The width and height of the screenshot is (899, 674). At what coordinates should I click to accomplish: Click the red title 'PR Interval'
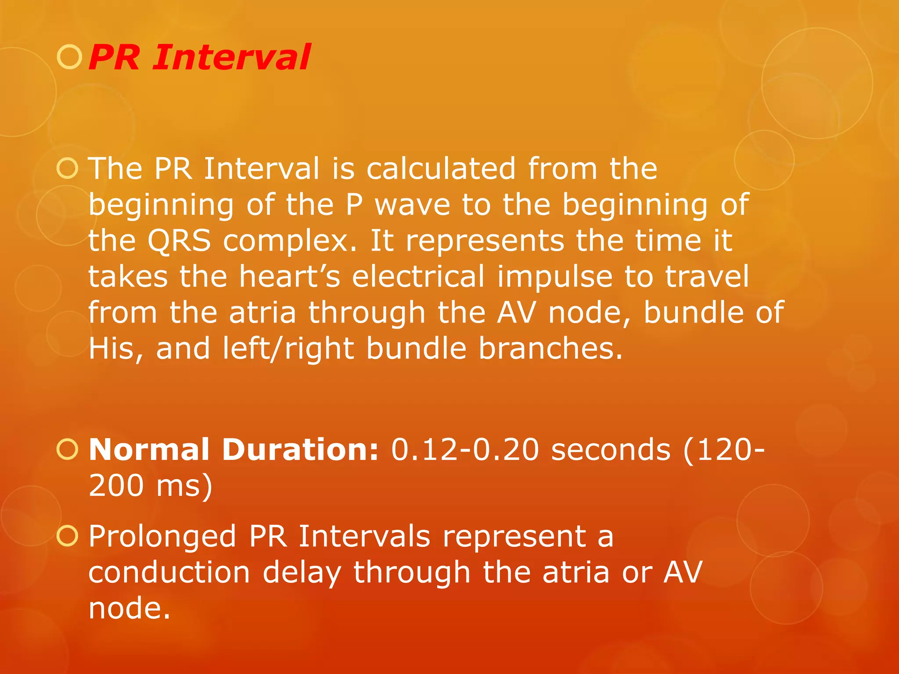pos(199,57)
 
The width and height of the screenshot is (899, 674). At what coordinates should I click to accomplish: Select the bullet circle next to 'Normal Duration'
pos(68,450)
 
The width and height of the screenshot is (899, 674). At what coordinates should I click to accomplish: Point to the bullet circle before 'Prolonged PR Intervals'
pos(68,536)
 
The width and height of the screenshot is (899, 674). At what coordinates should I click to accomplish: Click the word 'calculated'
pos(441,169)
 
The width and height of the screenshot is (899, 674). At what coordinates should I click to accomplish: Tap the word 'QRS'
pos(179,241)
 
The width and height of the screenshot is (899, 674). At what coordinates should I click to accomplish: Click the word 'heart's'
pos(290,277)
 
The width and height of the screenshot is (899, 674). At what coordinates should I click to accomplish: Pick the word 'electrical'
pos(418,277)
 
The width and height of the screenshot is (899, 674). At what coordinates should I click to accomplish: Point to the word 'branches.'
pos(550,349)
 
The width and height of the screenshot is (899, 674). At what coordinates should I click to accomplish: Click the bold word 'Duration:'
pos(300,450)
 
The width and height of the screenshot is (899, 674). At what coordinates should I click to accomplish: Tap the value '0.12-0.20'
pos(465,450)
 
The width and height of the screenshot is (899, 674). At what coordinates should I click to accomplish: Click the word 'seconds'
pos(611,450)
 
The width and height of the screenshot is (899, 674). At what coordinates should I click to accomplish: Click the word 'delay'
pos(302,573)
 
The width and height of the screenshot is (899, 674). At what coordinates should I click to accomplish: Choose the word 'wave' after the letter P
pos(412,205)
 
